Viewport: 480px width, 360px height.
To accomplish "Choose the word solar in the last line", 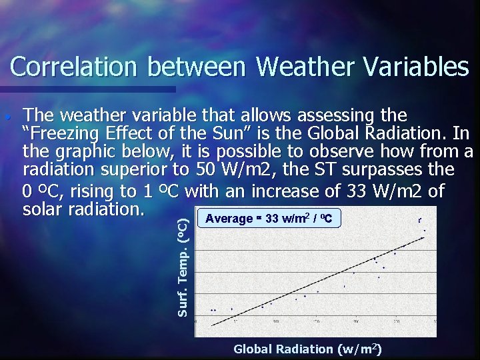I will (45, 209).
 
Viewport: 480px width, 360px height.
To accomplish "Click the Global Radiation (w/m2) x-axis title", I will (307, 349).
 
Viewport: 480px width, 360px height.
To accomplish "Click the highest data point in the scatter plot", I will (419, 219).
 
